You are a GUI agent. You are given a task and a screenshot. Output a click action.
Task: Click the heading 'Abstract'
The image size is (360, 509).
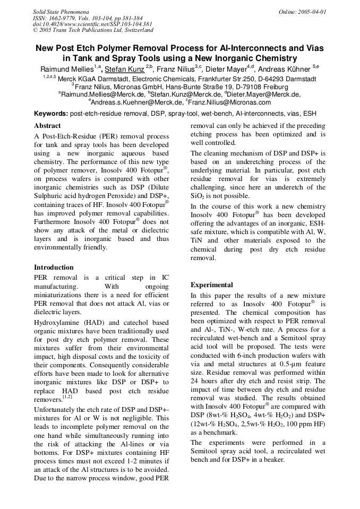pos(47,126)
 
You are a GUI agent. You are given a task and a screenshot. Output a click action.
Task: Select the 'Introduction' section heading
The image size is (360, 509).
pos(54,267)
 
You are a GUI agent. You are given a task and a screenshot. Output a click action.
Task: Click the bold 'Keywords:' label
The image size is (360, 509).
pos(51,114)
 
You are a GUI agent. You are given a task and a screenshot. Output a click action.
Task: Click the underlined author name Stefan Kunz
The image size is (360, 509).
pos(124,69)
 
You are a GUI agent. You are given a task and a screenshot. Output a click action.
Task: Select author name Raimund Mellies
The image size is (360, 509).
pos(67,69)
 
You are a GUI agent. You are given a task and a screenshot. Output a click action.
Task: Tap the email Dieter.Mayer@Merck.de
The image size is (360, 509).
pos(264,94)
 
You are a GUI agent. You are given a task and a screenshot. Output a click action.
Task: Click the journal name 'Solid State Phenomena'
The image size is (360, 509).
pos(61,11)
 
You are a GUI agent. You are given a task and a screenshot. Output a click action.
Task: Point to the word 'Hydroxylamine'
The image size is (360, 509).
pos(56,323)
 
